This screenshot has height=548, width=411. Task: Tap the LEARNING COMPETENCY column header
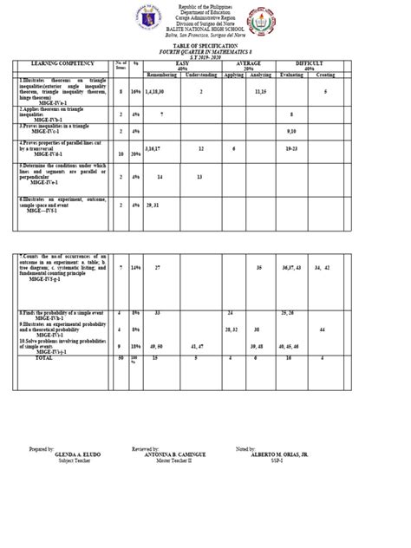(61, 64)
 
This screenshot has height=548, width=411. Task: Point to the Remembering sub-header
(160, 75)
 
